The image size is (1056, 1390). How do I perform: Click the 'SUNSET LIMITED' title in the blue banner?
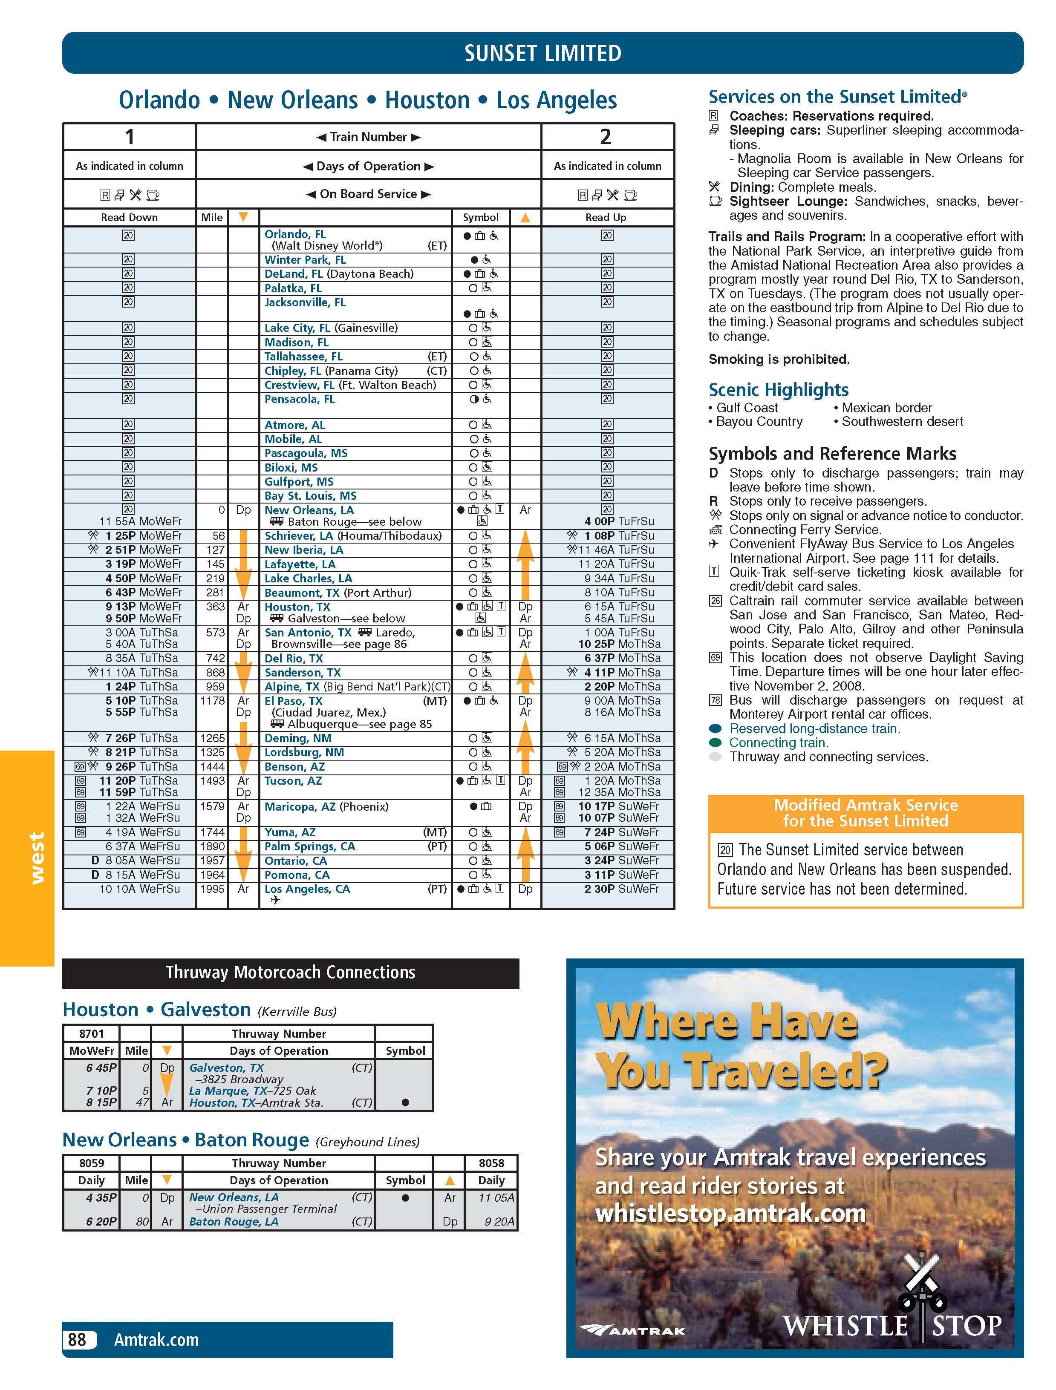(x=542, y=53)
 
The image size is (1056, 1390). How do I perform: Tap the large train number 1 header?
(x=130, y=136)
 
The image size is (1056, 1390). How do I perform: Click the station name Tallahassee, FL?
(x=303, y=356)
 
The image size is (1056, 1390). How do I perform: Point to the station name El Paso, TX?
(x=293, y=701)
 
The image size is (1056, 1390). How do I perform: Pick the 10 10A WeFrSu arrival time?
(x=139, y=889)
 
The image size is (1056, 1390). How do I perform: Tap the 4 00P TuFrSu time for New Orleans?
(x=618, y=521)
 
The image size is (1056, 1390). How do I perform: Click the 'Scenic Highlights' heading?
(x=778, y=390)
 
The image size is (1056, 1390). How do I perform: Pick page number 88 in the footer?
(x=77, y=1340)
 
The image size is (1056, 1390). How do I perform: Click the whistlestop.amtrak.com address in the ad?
(x=730, y=1213)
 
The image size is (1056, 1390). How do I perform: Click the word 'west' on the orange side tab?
(x=37, y=858)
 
